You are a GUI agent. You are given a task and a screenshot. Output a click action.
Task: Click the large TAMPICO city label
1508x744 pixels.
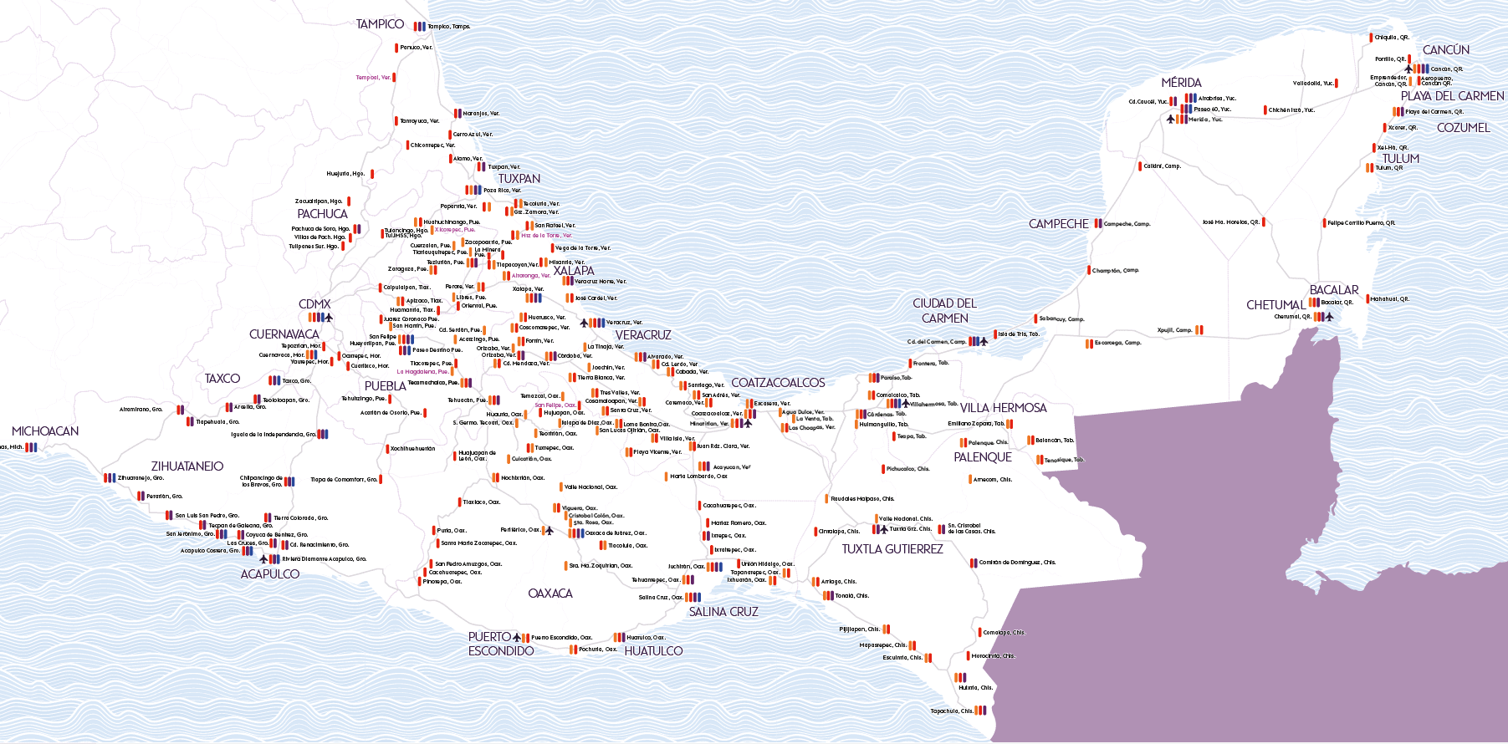pyautogui.click(x=380, y=24)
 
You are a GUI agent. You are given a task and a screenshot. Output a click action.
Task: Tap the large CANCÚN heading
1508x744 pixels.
pyautogui.click(x=1446, y=50)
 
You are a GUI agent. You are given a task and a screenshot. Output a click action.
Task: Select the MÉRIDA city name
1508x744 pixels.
pyautogui.click(x=1181, y=83)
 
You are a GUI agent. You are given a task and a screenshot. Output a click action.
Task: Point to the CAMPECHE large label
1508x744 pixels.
pyautogui.click(x=1058, y=224)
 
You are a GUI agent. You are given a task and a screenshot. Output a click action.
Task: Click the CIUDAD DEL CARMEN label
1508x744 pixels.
pyautogui.click(x=944, y=311)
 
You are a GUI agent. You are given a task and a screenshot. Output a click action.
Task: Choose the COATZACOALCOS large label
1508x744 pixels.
pyautogui.click(x=778, y=383)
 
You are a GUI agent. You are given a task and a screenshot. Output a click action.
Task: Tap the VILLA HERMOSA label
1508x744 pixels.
pyautogui.click(x=1003, y=408)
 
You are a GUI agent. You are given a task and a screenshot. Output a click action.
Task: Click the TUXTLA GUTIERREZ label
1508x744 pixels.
pyautogui.click(x=892, y=549)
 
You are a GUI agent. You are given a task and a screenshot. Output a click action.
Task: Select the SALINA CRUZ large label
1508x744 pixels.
pyautogui.click(x=723, y=612)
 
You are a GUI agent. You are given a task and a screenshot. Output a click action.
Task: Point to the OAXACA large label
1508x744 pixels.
pyautogui.click(x=550, y=594)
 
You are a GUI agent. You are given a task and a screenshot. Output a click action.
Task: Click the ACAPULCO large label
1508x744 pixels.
pyautogui.click(x=269, y=574)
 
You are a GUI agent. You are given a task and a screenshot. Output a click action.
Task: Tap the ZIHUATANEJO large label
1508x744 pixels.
pyautogui.click(x=187, y=466)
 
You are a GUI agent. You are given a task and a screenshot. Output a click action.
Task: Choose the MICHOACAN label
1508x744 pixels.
pyautogui.click(x=45, y=431)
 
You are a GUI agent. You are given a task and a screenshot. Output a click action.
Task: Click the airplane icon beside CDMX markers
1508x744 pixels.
pyautogui.click(x=329, y=318)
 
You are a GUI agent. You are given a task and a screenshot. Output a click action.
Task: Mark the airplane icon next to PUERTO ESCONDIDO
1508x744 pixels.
pyautogui.click(x=517, y=638)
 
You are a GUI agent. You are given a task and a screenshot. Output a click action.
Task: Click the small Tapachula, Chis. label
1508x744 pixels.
pyautogui.click(x=952, y=711)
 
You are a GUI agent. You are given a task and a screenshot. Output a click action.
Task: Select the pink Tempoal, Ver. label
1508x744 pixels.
pyautogui.click(x=373, y=78)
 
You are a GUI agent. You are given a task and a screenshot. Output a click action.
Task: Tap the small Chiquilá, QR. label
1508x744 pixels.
pyautogui.click(x=1392, y=38)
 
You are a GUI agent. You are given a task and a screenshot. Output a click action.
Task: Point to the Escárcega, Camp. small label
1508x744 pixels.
pyautogui.click(x=1117, y=343)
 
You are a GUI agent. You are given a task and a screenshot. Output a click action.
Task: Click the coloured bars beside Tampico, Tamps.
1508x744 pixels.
pyautogui.click(x=420, y=27)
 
